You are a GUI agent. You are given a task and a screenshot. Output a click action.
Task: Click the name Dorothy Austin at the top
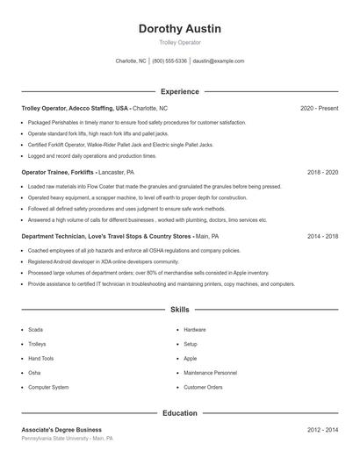click(x=180, y=29)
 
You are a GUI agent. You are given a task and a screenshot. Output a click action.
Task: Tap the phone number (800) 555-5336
click(x=169, y=61)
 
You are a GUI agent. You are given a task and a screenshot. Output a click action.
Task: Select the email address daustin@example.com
click(x=219, y=61)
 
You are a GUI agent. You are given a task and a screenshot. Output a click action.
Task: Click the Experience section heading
click(x=180, y=91)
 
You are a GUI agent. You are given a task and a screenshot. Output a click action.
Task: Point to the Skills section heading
click(x=180, y=310)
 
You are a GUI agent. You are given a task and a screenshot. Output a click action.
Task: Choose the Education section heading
click(x=180, y=412)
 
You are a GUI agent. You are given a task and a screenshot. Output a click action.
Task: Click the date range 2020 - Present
click(x=319, y=108)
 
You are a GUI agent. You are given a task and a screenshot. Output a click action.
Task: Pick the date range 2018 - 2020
click(x=322, y=173)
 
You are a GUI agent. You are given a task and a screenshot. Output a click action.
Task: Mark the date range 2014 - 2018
click(x=322, y=237)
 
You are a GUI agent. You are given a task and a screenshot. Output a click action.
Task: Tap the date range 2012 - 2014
click(x=322, y=430)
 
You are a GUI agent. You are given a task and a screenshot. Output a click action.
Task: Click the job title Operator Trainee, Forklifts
click(x=58, y=173)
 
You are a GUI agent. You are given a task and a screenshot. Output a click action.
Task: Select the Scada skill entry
click(x=34, y=330)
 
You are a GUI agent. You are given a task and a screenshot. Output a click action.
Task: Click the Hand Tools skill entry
click(x=40, y=358)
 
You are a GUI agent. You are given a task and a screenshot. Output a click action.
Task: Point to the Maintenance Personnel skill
click(x=210, y=373)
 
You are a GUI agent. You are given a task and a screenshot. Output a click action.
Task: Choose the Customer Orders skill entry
click(x=203, y=387)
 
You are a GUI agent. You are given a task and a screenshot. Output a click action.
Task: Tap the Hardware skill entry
click(x=195, y=330)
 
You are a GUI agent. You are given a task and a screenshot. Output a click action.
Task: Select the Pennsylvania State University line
click(x=68, y=438)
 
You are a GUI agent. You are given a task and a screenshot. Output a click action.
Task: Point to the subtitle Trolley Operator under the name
click(x=180, y=42)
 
